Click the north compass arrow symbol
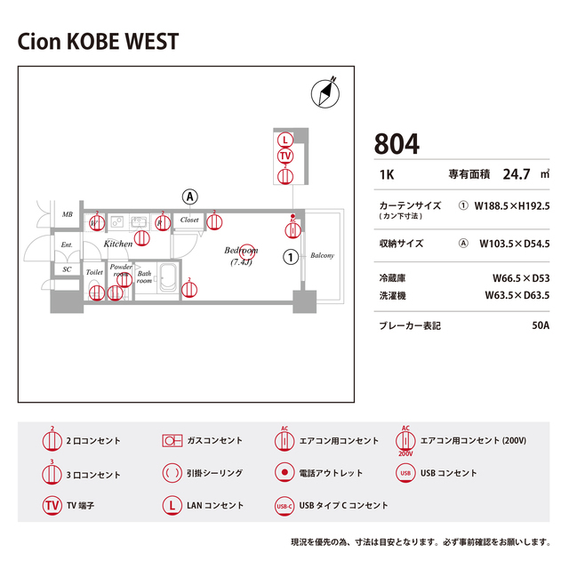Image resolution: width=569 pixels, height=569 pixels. [327, 91]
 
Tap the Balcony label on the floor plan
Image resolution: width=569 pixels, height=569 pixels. [322, 256]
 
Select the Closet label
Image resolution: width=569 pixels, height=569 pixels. [189, 219]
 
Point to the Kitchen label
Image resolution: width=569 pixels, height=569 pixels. [118, 243]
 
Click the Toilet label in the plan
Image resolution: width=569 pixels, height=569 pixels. [94, 272]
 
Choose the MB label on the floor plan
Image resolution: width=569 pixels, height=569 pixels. [67, 215]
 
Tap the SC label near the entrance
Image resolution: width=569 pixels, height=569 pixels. [67, 269]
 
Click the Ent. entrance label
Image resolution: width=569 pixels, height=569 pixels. [67, 244]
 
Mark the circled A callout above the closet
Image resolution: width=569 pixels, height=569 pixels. [189, 196]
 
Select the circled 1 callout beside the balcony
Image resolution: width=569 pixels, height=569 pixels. [290, 258]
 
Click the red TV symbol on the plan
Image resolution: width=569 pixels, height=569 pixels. [284, 156]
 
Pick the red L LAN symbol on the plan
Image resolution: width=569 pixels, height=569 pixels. [284, 140]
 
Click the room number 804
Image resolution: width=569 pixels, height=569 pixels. [397, 143]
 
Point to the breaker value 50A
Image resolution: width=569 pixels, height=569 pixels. [541, 325]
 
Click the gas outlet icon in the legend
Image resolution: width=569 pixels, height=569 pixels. [172, 440]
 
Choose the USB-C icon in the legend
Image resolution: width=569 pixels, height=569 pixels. [284, 506]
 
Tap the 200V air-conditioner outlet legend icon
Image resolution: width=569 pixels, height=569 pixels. [405, 441]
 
